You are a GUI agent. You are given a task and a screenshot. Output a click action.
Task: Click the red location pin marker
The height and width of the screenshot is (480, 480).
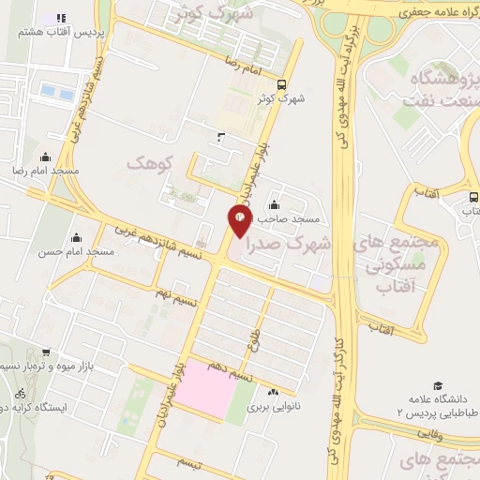(240, 221)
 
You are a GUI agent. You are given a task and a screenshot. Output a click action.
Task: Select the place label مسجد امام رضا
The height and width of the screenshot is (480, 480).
(46, 172)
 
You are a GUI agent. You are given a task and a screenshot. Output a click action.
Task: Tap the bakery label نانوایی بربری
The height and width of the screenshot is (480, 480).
(272, 408)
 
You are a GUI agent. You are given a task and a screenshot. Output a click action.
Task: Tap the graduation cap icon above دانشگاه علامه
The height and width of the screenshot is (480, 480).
(438, 385)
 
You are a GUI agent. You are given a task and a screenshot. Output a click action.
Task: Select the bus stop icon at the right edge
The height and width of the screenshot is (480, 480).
(472, 198)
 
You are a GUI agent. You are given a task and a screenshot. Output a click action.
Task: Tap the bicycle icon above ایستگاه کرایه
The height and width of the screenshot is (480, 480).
(18, 391)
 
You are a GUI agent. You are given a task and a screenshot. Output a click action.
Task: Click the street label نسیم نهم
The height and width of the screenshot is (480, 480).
(176, 298)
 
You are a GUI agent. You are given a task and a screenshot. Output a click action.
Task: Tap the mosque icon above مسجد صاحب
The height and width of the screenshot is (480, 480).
(275, 204)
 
